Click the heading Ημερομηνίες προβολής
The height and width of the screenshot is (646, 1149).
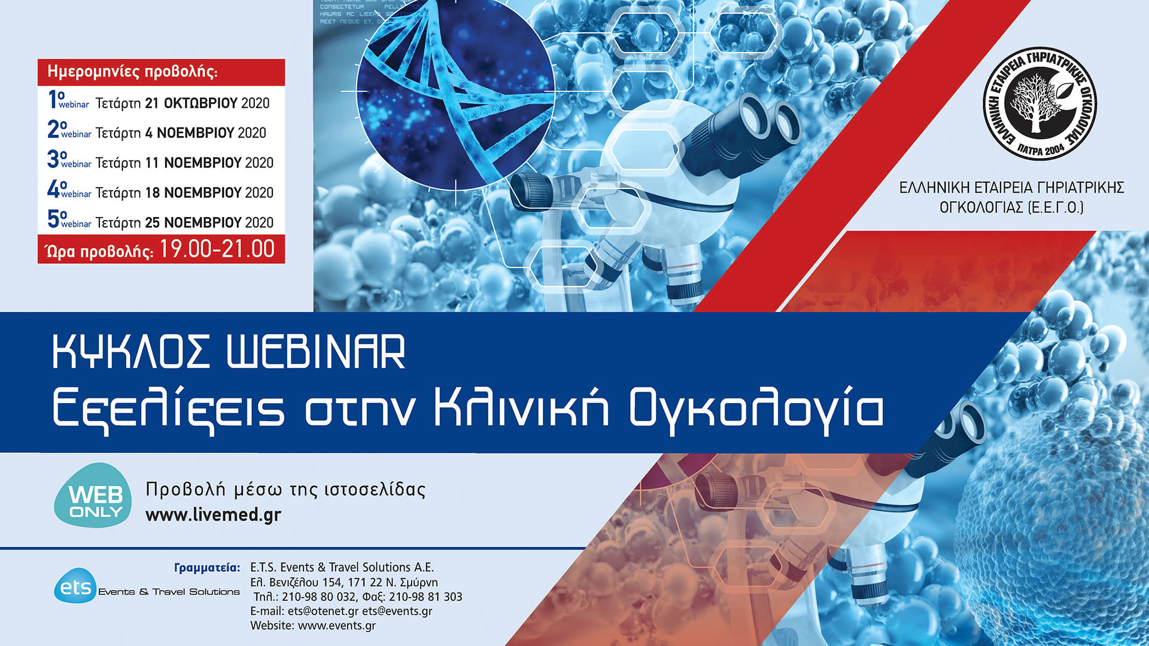click(x=132, y=72)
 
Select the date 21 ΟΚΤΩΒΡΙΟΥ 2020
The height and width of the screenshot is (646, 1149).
click(x=207, y=103)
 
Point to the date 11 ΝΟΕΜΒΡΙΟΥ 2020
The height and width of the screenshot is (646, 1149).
click(x=209, y=163)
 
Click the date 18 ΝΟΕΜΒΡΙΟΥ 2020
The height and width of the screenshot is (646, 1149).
click(x=209, y=193)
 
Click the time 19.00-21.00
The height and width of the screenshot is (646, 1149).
click(x=217, y=249)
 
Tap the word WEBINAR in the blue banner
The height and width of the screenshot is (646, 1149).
click(x=316, y=353)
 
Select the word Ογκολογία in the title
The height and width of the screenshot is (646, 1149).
click(x=756, y=409)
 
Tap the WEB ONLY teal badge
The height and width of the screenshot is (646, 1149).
click(x=94, y=496)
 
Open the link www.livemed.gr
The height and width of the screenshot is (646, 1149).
click(x=213, y=514)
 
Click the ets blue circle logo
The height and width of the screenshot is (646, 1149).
click(x=75, y=587)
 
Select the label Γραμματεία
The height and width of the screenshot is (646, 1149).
click(x=206, y=567)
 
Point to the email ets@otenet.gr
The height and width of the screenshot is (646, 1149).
click(x=323, y=611)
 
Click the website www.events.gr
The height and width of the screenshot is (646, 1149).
click(x=336, y=626)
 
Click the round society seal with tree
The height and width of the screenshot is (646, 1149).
click(x=1040, y=103)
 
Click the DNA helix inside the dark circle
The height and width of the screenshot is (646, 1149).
click(x=443, y=90)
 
